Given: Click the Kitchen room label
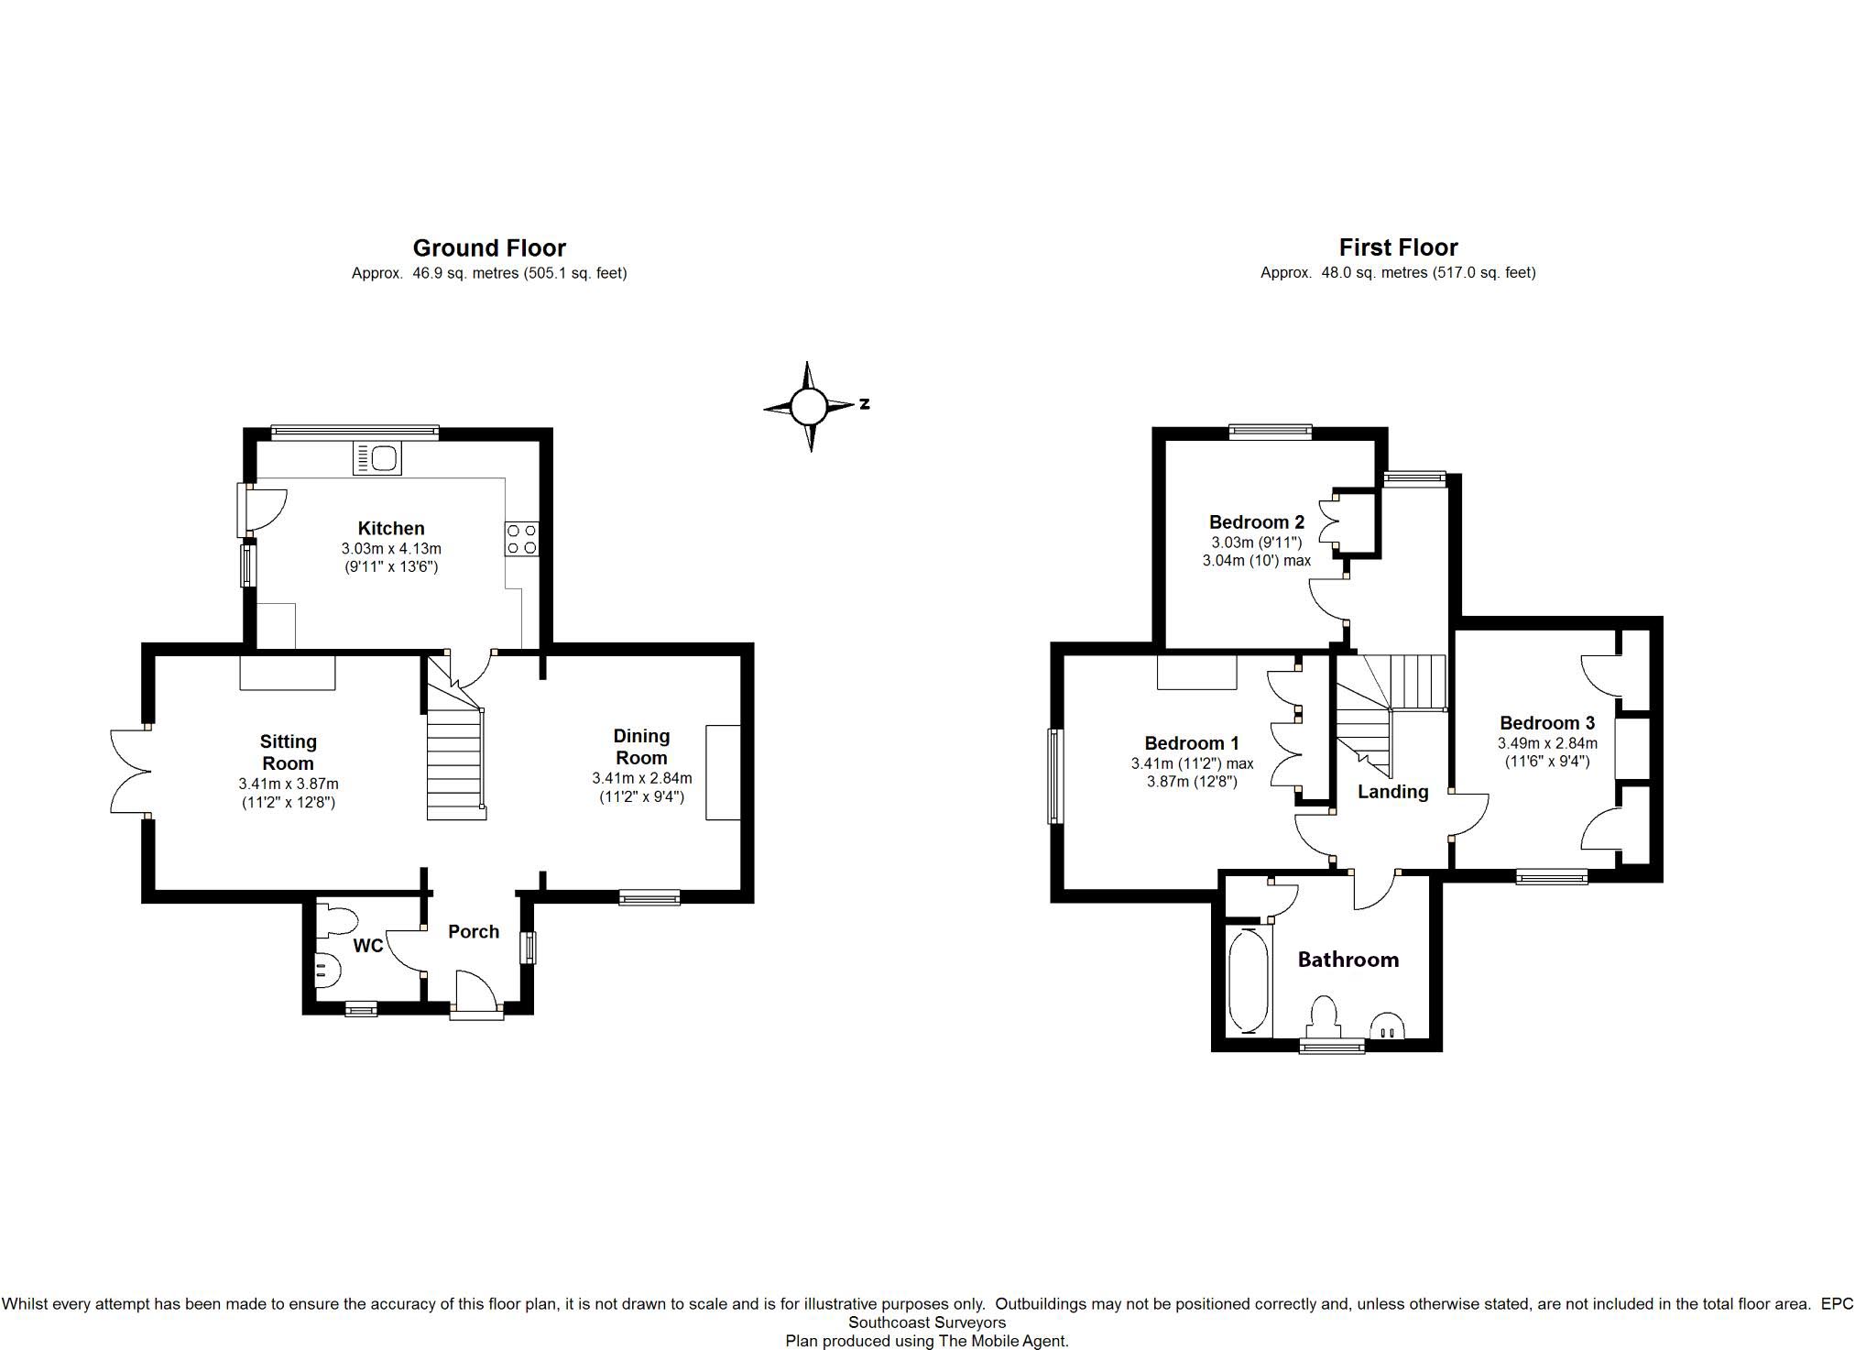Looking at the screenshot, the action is coord(391,528).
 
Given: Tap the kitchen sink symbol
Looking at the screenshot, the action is coord(377,458).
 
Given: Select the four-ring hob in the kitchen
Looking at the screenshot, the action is coord(521,539).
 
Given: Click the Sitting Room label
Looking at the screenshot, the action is coord(288,752).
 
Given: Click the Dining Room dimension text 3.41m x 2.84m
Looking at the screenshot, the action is coord(642,778).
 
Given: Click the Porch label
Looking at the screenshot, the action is coord(474,931).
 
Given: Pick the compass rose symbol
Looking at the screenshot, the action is coord(810,406).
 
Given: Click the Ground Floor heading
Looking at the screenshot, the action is coord(489,247).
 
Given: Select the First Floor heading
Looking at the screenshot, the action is coord(1398,247).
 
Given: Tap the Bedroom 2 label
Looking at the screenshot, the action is coord(1257,522).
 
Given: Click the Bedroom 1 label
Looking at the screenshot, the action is coord(1192,743).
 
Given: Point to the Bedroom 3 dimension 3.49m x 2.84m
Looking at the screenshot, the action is coord(1548,743).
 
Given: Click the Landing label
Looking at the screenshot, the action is coord(1392,792).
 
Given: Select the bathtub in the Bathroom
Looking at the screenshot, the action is coord(1248,981).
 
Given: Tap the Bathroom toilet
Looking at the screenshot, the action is coord(1325,1017).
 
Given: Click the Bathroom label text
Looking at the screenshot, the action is coord(1348,960).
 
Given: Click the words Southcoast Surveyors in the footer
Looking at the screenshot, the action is coord(927,1323).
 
